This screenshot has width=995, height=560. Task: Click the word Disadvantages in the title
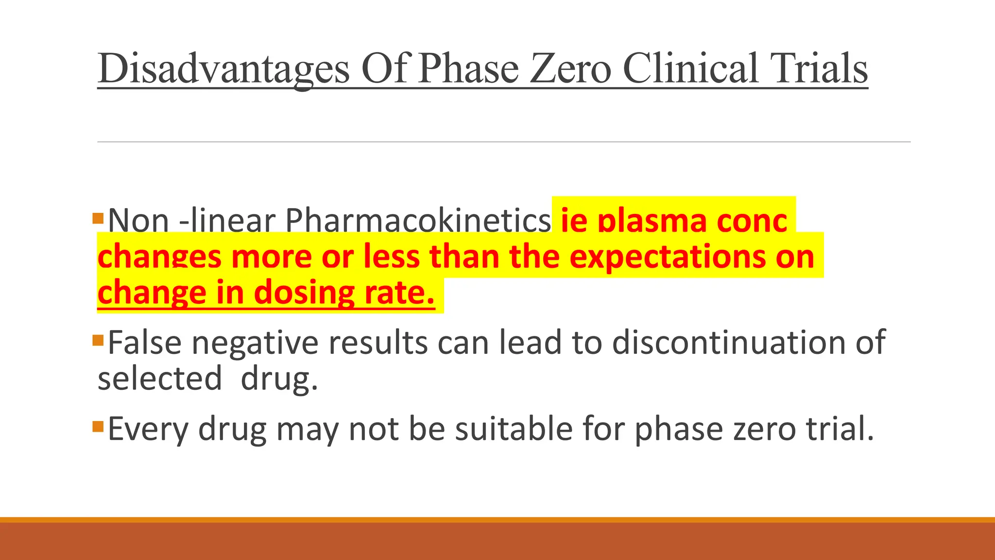223,69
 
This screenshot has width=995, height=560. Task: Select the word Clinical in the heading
690,69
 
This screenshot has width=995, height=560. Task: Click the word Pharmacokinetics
418,221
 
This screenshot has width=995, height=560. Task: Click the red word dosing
304,293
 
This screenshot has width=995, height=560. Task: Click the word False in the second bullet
144,343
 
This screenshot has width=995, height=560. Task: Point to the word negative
255,343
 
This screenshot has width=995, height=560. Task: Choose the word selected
159,379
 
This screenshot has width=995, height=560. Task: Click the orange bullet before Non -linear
98,218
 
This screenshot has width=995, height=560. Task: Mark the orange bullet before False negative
98,340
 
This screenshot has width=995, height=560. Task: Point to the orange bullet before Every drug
98,426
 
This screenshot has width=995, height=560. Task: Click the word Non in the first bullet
138,221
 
